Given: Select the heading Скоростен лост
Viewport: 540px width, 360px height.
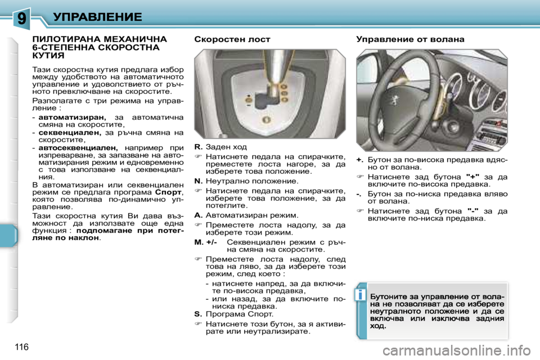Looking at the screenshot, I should click(x=232, y=39).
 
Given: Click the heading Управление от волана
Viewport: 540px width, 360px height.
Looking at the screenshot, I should click(x=410, y=39).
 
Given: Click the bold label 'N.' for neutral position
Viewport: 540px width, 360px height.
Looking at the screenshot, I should click(x=198, y=182).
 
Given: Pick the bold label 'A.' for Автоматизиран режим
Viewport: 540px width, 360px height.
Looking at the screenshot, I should click(x=198, y=215).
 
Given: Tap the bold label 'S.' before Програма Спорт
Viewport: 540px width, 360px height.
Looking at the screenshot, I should click(x=197, y=314).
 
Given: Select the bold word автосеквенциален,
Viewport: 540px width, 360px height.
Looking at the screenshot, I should click(x=78, y=147).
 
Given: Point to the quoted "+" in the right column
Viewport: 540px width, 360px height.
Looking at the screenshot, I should click(x=469, y=175).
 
